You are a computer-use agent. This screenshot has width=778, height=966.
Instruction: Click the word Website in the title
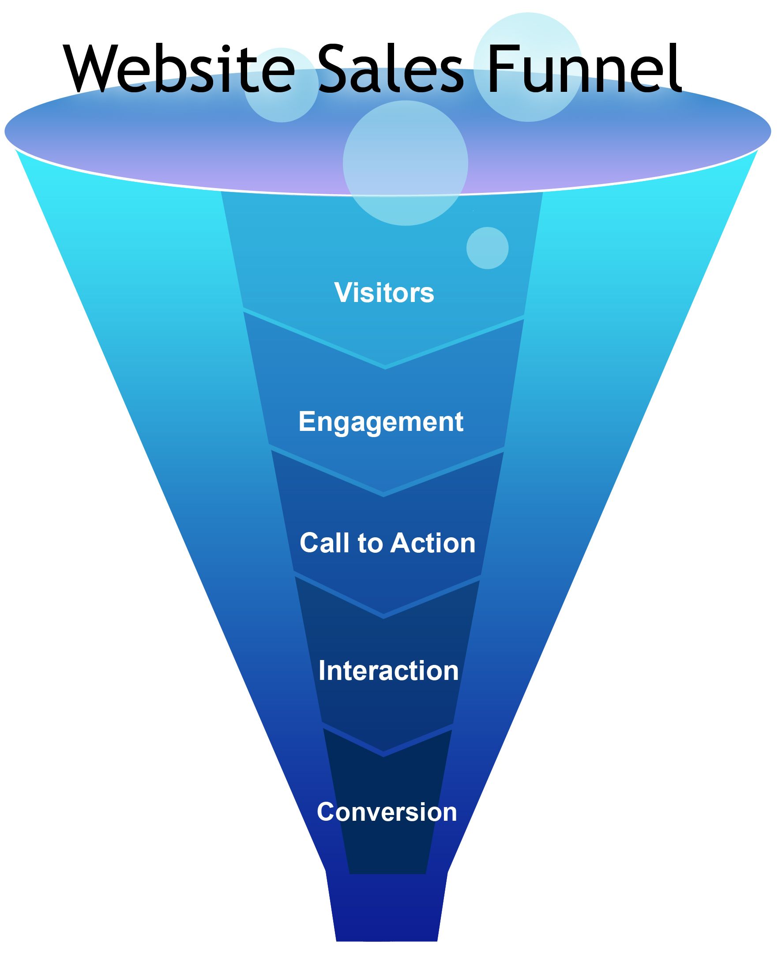coord(179,69)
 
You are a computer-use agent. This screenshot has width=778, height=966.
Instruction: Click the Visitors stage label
coord(384,293)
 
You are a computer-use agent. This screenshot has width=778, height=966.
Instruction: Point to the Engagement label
coord(380,422)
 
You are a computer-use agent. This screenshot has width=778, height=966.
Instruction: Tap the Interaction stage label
coord(388,671)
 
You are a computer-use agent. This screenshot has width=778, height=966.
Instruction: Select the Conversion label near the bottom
coord(387,812)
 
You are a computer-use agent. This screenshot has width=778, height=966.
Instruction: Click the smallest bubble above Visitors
coord(487,248)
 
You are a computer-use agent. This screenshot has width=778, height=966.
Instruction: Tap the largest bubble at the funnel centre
coord(405,163)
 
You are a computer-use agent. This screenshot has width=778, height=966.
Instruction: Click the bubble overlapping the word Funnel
coord(527,67)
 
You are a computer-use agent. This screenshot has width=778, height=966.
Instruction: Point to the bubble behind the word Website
coord(282,85)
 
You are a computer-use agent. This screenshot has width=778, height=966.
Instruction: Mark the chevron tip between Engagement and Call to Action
coord(383,495)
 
